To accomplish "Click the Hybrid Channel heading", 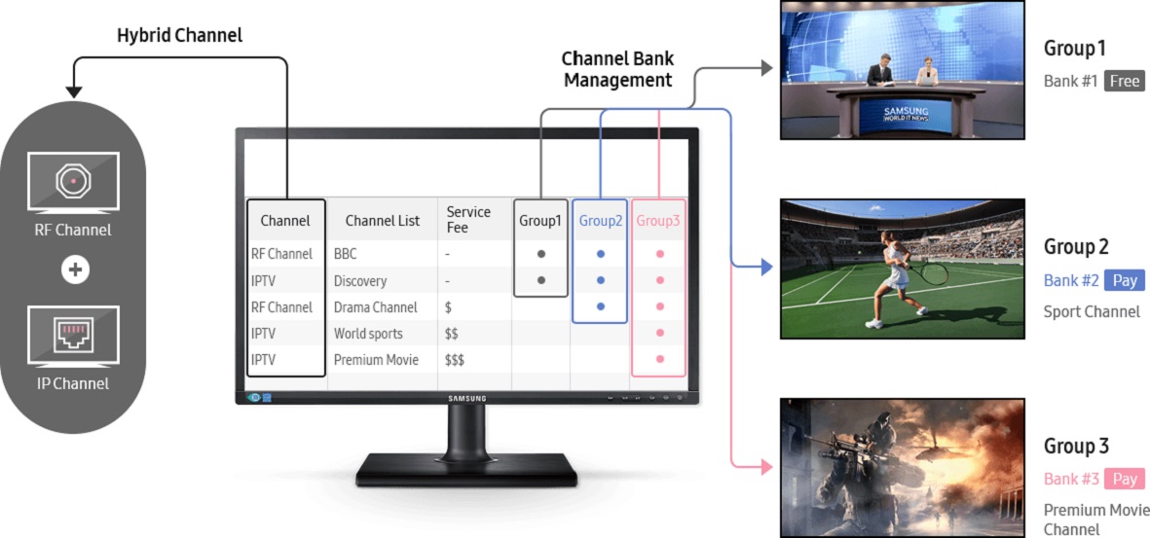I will (179, 36).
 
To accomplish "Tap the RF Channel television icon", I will (74, 182).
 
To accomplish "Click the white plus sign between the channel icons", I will (74, 269).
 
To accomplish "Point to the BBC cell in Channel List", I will (345, 254).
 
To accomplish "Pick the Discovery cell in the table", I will (359, 281).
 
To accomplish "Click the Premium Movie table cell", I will (376, 360).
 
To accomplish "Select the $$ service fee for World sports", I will (452, 334).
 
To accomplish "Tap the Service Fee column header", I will (468, 220).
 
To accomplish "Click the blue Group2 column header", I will (600, 221).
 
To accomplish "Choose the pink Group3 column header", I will (658, 221).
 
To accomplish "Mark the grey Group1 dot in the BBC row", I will (541, 254).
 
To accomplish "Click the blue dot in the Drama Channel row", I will (600, 307).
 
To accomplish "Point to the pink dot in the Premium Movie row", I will (659, 360).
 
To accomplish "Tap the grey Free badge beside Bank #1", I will (1124, 82).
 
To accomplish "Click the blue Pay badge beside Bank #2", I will (1125, 280).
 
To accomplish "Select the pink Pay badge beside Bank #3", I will (1125, 479).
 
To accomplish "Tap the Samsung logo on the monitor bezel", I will (466, 398).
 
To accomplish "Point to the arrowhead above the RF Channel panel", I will (74, 92).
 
